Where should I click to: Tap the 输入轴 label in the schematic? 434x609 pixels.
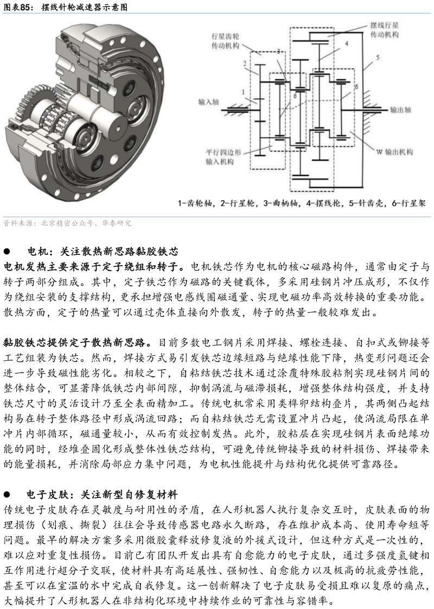coord(209,102)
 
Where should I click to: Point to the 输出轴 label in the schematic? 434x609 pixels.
coord(400,110)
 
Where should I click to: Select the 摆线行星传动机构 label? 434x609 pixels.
coord(384,30)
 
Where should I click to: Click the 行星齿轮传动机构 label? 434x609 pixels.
coord(225,41)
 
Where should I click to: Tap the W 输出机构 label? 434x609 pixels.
coord(394,152)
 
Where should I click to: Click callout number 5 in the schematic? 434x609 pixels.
coord(377,57)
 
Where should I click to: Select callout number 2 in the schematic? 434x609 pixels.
coord(244,63)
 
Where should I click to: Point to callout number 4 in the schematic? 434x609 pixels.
coord(346,43)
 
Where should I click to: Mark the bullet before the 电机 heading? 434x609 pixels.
coord(7,252)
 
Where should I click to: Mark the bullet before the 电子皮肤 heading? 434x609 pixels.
coord(7,495)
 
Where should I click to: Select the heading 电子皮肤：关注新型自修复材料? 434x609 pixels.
coord(102,495)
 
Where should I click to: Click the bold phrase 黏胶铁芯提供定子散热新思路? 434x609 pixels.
coord(75,343)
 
